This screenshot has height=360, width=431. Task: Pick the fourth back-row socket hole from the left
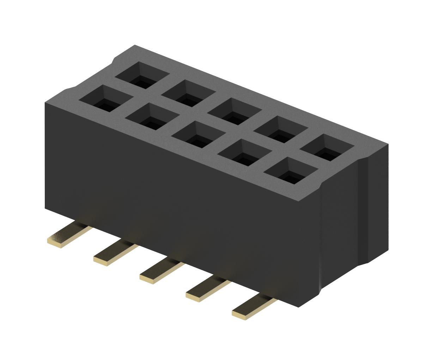[x=281, y=129]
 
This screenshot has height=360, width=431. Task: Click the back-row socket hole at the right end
[x=327, y=147]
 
